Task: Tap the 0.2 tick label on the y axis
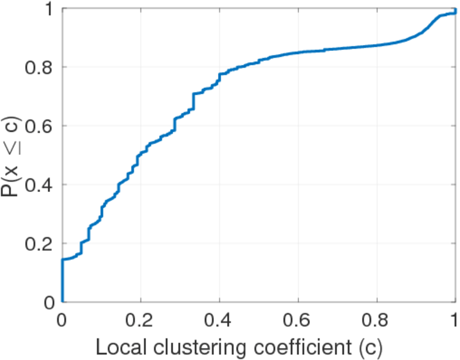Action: coord(40,244)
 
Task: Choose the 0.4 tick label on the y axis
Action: coord(40,185)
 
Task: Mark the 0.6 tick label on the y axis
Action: coord(40,126)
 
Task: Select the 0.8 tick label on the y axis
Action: coord(40,67)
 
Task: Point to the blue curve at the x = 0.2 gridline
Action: coord(141,154)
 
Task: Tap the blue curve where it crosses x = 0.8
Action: coord(377,45)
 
